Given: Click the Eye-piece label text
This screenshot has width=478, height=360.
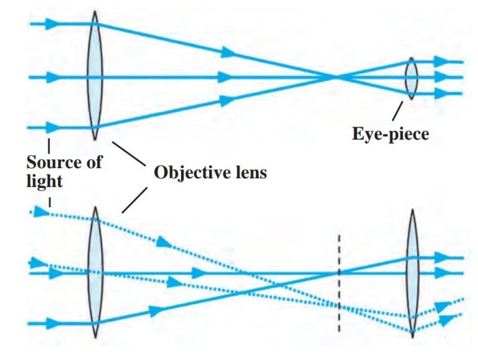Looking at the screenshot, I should pyautogui.click(x=390, y=133).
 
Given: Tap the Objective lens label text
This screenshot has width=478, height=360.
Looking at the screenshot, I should pyautogui.click(x=210, y=173).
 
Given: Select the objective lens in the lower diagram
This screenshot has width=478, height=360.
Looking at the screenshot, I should pyautogui.click(x=95, y=273).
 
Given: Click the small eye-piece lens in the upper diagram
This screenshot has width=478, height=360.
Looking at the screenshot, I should pyautogui.click(x=411, y=78).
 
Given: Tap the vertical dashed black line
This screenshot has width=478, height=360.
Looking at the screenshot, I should pyautogui.click(x=339, y=283).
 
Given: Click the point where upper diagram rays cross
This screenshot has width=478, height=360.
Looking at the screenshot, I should pyautogui.click(x=336, y=77).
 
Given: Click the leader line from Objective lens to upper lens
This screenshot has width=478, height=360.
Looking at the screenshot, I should pyautogui.click(x=127, y=153).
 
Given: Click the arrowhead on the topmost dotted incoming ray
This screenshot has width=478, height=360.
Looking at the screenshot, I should pyautogui.click(x=41, y=212).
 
